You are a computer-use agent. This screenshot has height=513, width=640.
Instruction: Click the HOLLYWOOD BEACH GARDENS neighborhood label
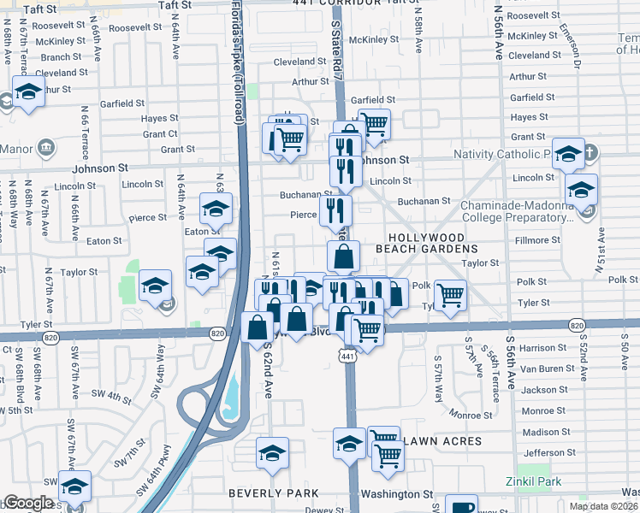point(426,244)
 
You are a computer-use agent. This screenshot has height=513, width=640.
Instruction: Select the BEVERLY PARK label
point(273,493)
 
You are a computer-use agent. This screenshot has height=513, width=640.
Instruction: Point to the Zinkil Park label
point(533,482)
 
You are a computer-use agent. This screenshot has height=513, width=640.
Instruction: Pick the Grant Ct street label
point(160,134)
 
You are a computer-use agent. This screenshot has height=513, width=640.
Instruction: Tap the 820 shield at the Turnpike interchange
point(217,333)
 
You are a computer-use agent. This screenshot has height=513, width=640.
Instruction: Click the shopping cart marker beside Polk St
point(450,294)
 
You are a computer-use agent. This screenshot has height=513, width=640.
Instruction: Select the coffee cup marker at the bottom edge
point(461,504)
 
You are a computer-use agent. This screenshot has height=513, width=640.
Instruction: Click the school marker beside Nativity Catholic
point(568,153)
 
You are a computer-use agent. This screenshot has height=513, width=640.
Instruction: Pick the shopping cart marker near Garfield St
point(374,124)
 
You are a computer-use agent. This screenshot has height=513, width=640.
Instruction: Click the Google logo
point(28,503)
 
